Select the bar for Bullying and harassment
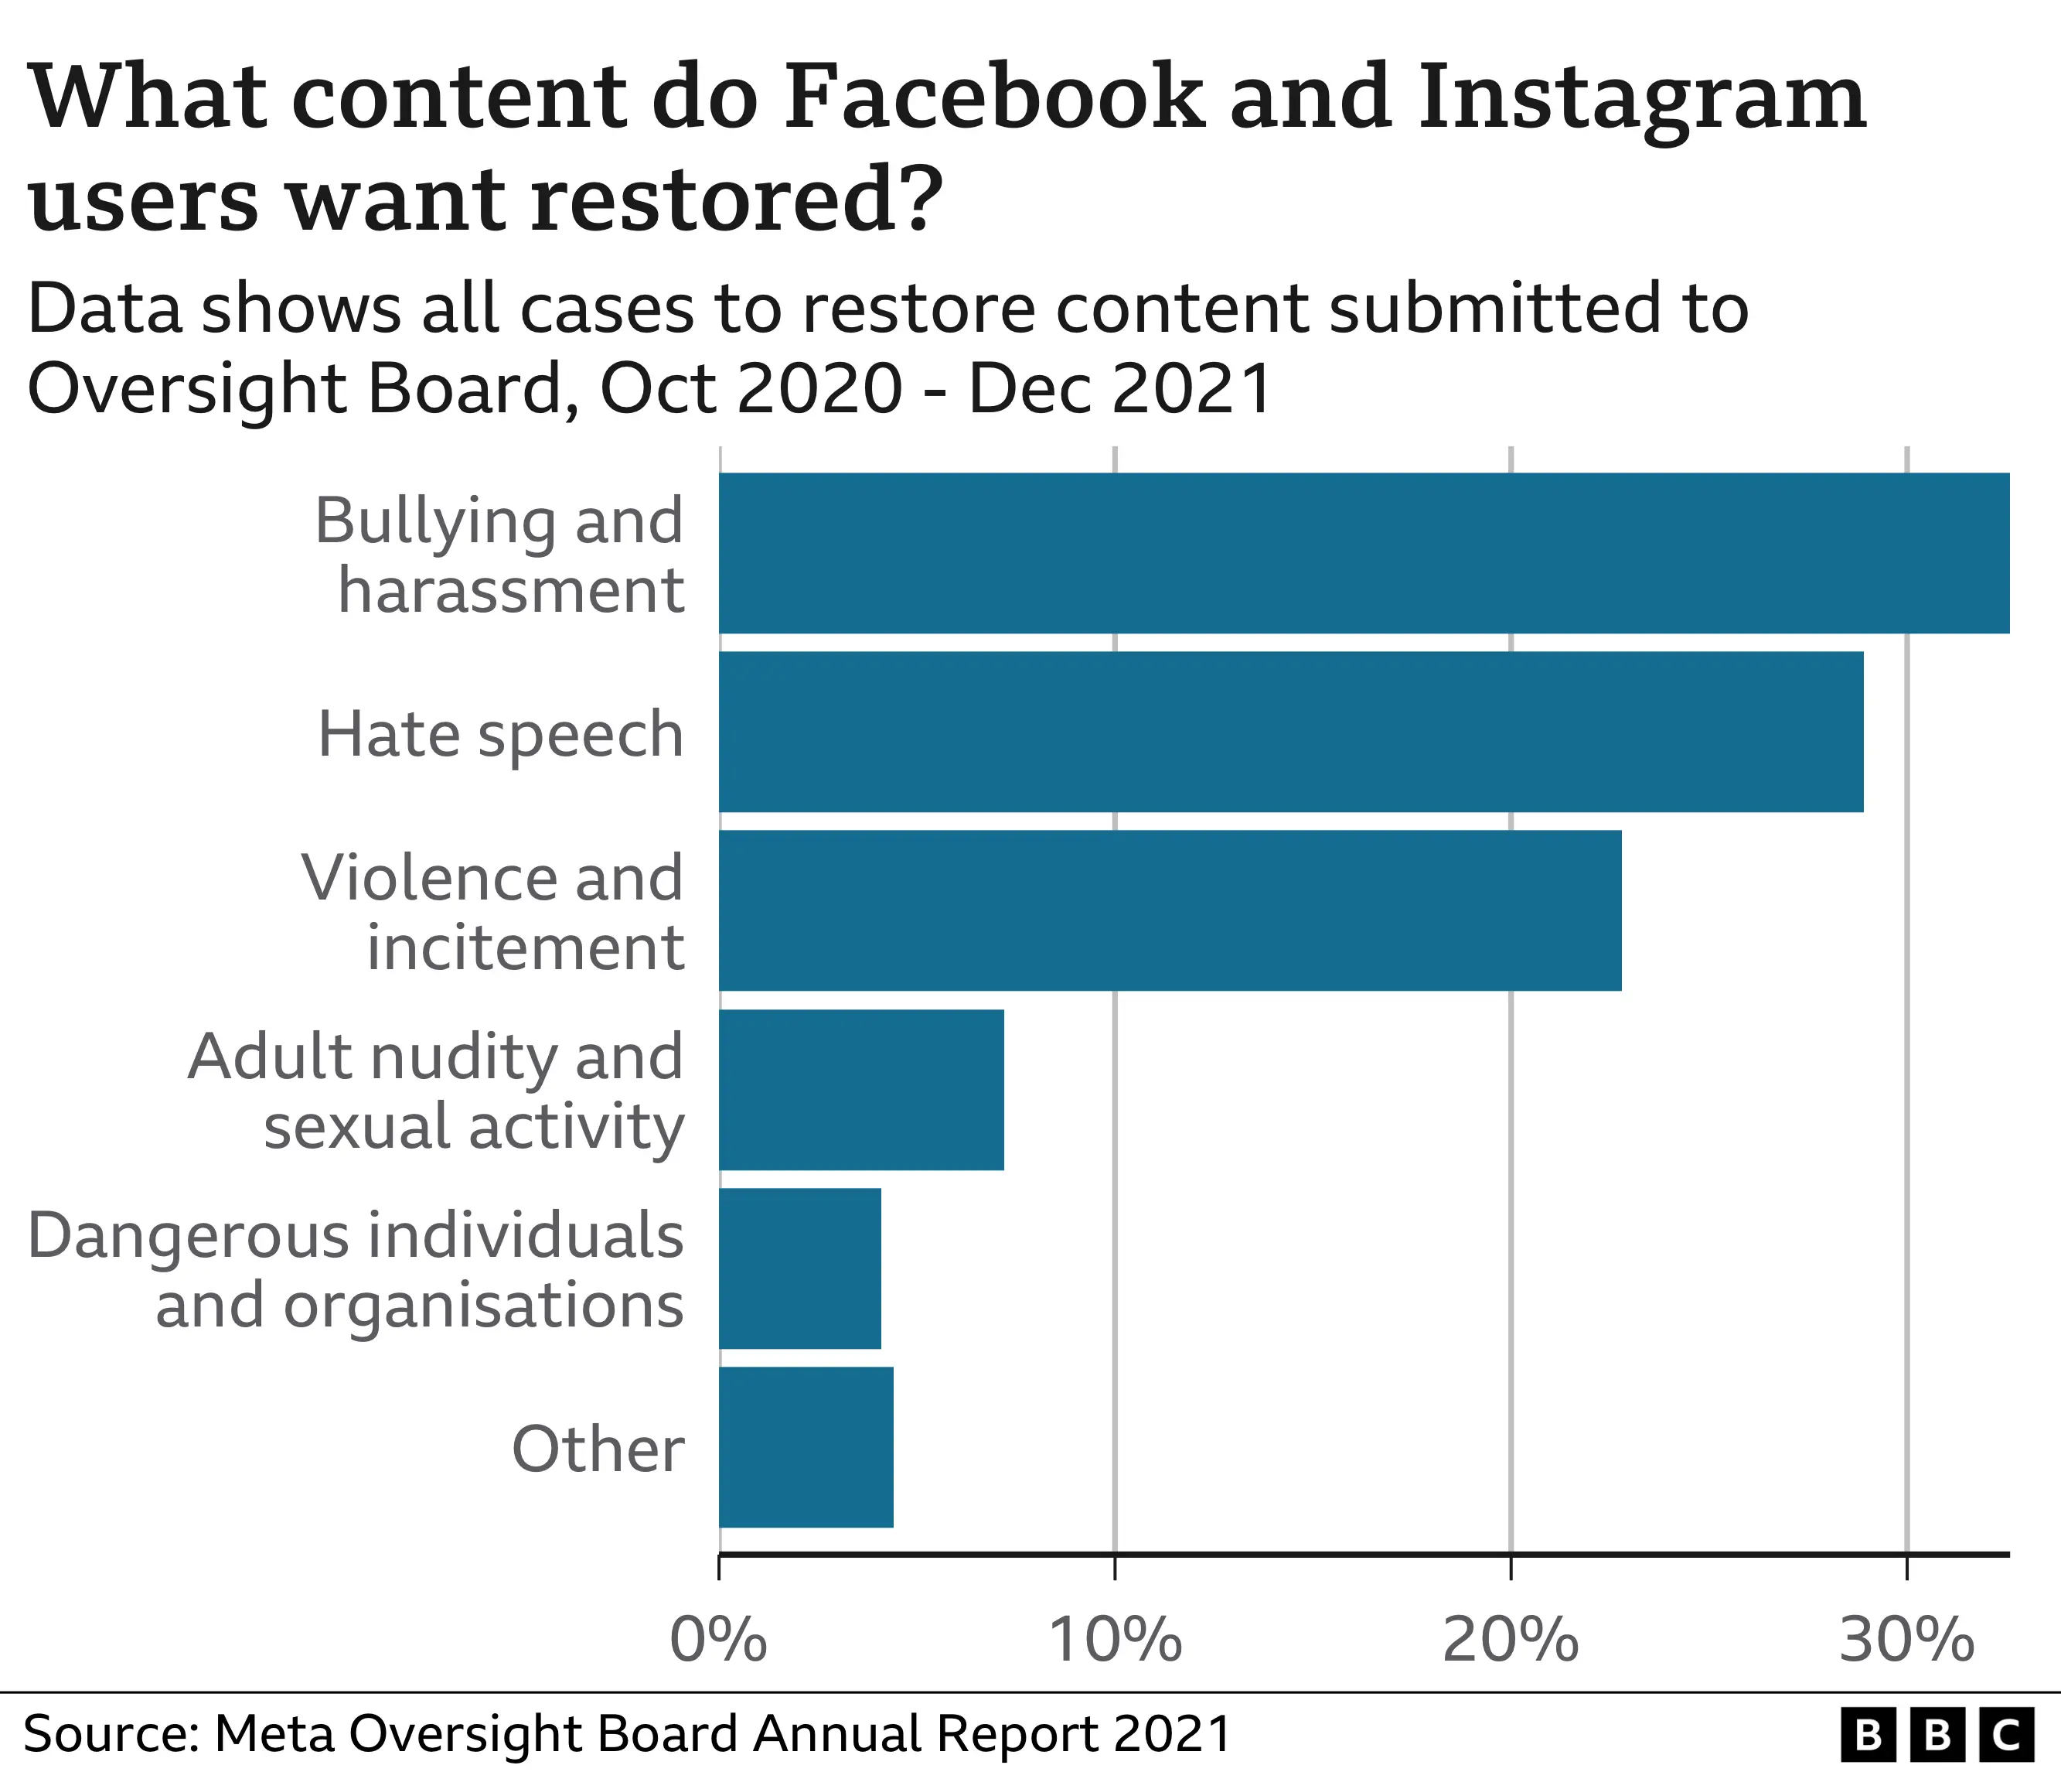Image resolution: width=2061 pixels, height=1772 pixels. (1363, 553)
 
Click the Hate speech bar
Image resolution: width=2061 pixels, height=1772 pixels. (1290, 731)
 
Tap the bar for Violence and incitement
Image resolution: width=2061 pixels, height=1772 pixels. (1170, 910)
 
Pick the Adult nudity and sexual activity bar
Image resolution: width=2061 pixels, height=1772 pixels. (861, 1090)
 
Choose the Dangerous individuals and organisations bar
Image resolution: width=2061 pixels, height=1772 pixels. (799, 1268)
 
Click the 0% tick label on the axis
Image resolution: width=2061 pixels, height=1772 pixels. (718, 1640)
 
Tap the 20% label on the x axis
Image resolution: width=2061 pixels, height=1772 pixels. (1511, 1640)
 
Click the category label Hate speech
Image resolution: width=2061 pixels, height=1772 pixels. (500, 734)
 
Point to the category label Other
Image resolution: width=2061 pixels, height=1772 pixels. (598, 1449)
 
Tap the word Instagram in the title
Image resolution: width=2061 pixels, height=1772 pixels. (1642, 100)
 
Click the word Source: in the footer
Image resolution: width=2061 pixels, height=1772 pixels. (111, 1733)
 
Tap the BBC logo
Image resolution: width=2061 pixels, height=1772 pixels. (1937, 1734)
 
